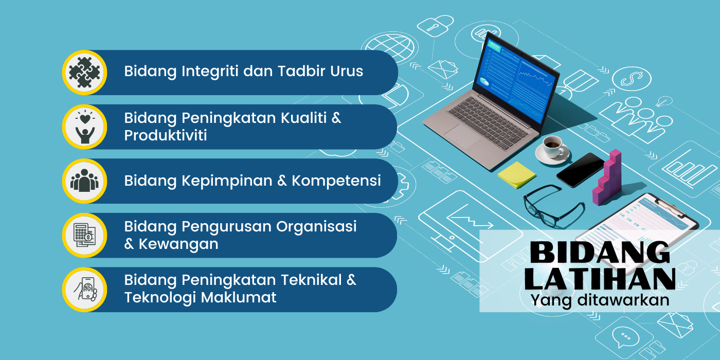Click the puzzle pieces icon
84,73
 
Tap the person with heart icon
85,127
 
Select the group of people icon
84,181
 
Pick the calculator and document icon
84,236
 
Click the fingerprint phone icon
85,289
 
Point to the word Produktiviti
166,135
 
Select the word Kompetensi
336,181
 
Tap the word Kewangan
178,244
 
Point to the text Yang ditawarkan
600,300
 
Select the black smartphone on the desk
581,170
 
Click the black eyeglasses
553,206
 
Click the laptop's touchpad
462,136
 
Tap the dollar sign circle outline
632,79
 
